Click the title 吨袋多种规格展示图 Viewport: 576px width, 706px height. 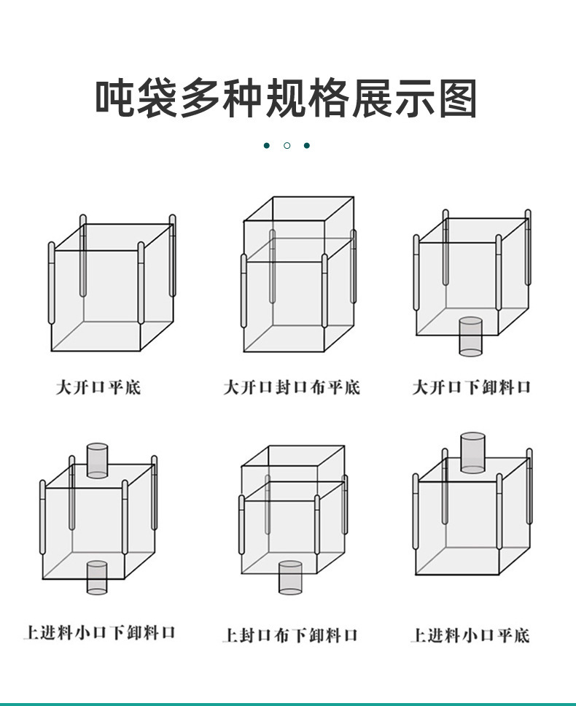pos(287,98)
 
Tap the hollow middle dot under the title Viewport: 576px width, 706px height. pos(287,145)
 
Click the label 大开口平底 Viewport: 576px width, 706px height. pos(98,387)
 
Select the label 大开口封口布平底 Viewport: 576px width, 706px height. pos(292,387)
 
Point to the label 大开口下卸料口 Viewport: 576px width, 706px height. pos(472,387)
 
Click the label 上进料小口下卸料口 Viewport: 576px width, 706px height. pos(99,632)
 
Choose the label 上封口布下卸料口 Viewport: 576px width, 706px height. pos(290,635)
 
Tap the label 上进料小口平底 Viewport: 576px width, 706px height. pos(470,635)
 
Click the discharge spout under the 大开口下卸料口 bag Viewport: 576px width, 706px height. pos(471,336)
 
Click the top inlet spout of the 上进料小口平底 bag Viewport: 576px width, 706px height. pos(473,453)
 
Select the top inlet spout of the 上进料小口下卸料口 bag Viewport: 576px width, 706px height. pos(97,461)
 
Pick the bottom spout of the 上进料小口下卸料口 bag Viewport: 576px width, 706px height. pos(97,578)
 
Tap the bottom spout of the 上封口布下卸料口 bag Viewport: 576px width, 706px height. pos(290,577)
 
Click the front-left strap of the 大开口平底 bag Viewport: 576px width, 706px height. pos(51,283)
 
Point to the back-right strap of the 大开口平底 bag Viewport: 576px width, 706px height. pos(172,255)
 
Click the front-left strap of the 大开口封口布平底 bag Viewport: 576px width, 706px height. pos(244,290)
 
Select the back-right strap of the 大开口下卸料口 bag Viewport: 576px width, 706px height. pos(528,247)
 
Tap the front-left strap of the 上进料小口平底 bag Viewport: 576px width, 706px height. pos(416,511)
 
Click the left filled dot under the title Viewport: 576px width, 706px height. pos(267,145)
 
